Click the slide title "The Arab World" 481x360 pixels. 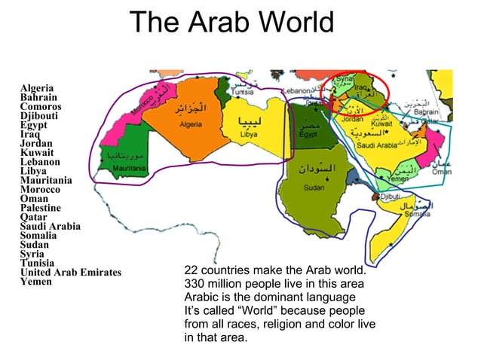point(231,22)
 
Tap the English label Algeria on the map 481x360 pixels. point(188,124)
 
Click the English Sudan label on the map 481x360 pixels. point(314,188)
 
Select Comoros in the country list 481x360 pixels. point(41,107)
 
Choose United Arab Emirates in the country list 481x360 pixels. point(70,272)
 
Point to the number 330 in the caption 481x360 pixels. point(195,284)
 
